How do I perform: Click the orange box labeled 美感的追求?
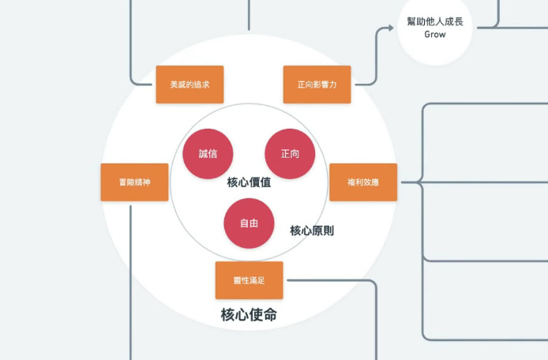pos(190,84)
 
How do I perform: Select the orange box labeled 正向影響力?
pos(317,84)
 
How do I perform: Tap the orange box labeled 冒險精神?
pos(134,182)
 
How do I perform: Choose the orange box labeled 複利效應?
pos(362,182)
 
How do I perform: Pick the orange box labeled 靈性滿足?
pos(249,280)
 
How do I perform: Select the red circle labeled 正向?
pos(290,153)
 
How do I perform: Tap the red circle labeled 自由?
pos(250,223)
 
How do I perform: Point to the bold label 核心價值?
pos(249,183)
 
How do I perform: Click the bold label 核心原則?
pos(311,231)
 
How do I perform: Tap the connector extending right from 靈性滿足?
pos(332,280)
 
